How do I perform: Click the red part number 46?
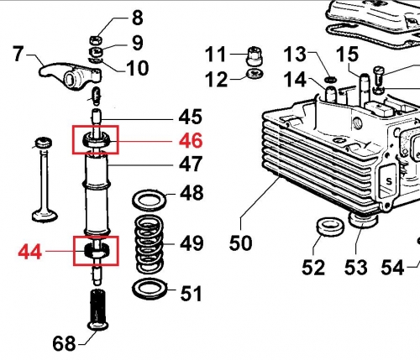tap(191, 139)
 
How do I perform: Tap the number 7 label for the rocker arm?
tap(18, 56)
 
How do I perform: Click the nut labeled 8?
tap(97, 39)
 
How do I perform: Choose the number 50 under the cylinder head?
tap(241, 243)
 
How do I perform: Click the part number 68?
tap(64, 343)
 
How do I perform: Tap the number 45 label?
tap(191, 116)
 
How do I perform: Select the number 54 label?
tap(392, 268)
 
